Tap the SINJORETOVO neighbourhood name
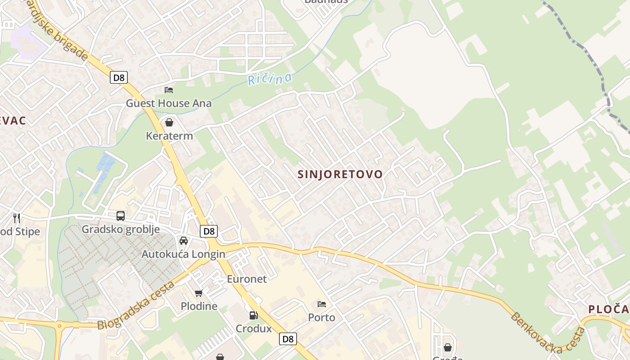click(340, 174)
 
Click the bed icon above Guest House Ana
click(169, 90)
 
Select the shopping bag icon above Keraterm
click(169, 122)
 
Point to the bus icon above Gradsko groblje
click(121, 216)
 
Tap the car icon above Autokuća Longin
click(184, 241)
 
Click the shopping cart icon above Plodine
click(198, 293)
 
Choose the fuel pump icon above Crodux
click(254, 315)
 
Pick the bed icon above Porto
click(321, 304)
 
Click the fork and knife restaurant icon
click(17, 218)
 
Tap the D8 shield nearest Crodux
click(288, 339)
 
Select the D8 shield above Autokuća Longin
click(209, 231)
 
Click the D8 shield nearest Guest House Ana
click(119, 77)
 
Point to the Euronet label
click(247, 279)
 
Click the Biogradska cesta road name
click(136, 306)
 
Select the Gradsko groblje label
click(121, 229)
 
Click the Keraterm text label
click(169, 136)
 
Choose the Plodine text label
click(199, 306)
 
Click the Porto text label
click(321, 318)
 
